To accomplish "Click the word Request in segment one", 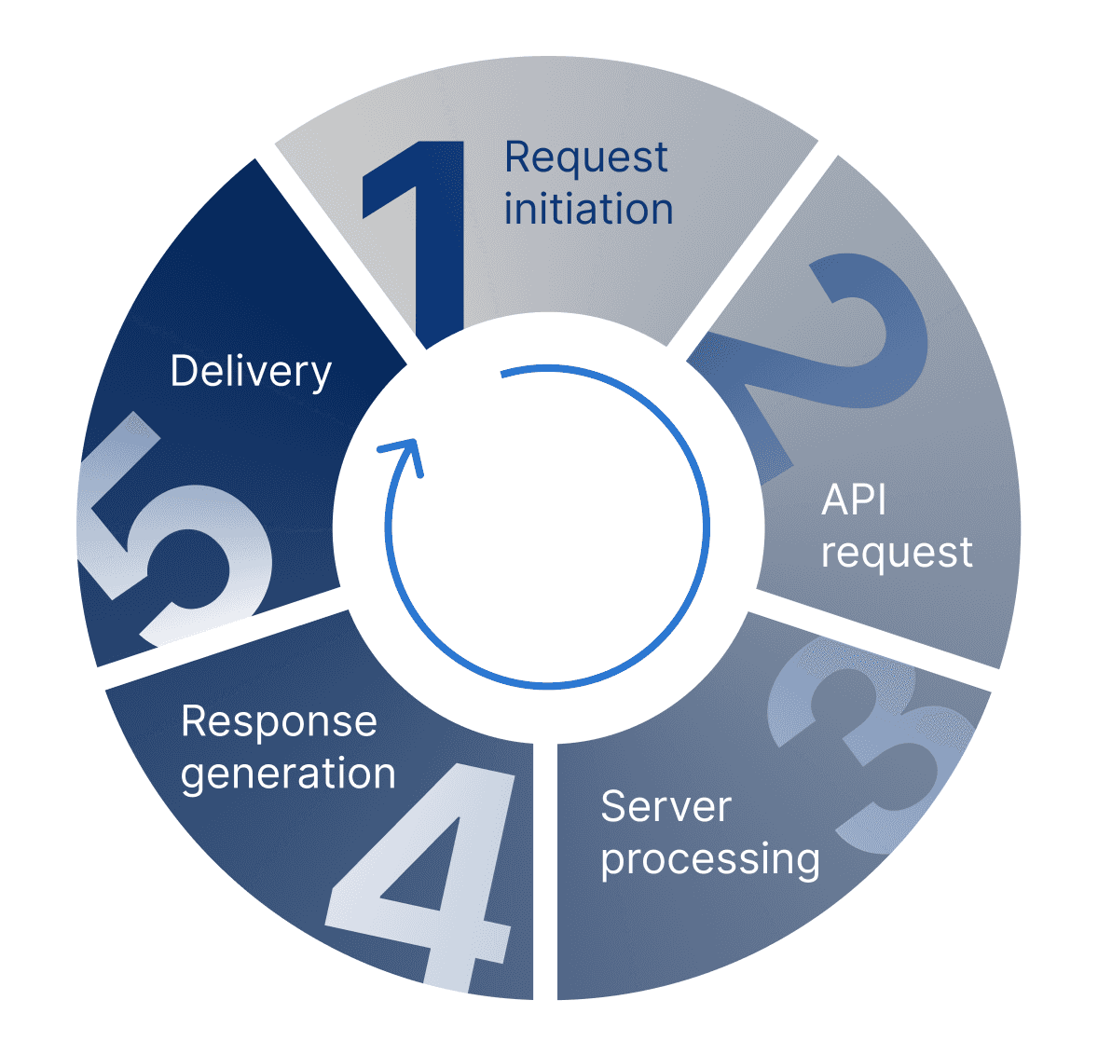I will tap(585, 158).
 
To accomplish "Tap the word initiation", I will tap(588, 210).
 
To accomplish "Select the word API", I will tap(854, 500).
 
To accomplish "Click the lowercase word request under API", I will tap(897, 553).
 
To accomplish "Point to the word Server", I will tap(666, 806).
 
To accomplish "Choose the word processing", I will tap(710, 859).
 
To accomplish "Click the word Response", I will tap(279, 721).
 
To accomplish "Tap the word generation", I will tap(288, 774).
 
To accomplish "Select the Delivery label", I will tap(251, 371).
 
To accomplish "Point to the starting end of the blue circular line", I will tap(504, 376).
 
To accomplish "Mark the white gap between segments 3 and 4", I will tap(545, 871).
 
